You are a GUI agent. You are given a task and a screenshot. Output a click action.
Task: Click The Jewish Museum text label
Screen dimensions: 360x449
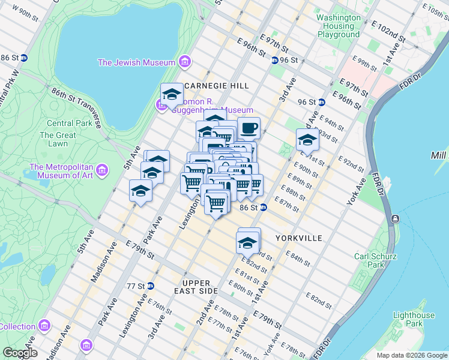click(x=137, y=62)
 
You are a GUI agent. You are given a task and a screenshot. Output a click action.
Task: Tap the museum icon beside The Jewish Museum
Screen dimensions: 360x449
click(x=184, y=62)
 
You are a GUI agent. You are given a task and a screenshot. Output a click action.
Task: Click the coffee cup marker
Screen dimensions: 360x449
click(x=249, y=128)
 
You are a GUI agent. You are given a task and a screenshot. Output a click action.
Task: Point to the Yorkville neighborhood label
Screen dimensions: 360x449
click(x=299, y=238)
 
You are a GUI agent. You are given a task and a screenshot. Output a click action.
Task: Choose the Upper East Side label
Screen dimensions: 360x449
click(x=196, y=287)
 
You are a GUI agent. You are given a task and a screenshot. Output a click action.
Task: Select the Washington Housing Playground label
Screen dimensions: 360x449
click(x=339, y=26)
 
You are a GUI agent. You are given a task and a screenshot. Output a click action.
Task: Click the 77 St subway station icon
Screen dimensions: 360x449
click(x=150, y=286)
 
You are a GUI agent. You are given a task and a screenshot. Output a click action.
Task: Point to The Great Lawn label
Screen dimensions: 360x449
click(x=58, y=139)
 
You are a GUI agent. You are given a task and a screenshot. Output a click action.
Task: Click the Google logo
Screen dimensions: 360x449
click(x=19, y=353)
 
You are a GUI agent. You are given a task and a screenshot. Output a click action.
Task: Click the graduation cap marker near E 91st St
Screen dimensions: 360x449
click(x=307, y=141)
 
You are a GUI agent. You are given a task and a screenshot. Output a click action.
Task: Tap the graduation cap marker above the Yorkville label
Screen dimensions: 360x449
click(x=247, y=243)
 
